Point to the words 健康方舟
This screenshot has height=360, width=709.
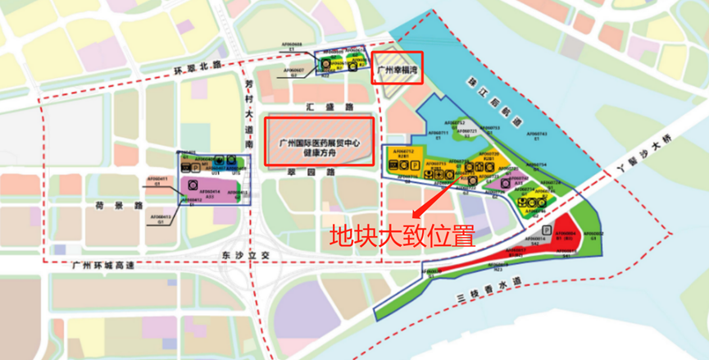click(319, 153)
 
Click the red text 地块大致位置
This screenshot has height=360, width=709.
click(402, 236)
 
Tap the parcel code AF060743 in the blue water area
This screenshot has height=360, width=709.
click(537, 133)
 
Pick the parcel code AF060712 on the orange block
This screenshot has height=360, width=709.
click(403, 152)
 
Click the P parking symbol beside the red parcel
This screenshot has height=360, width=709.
click(545, 230)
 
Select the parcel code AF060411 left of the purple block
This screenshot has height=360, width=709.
click(157, 178)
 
